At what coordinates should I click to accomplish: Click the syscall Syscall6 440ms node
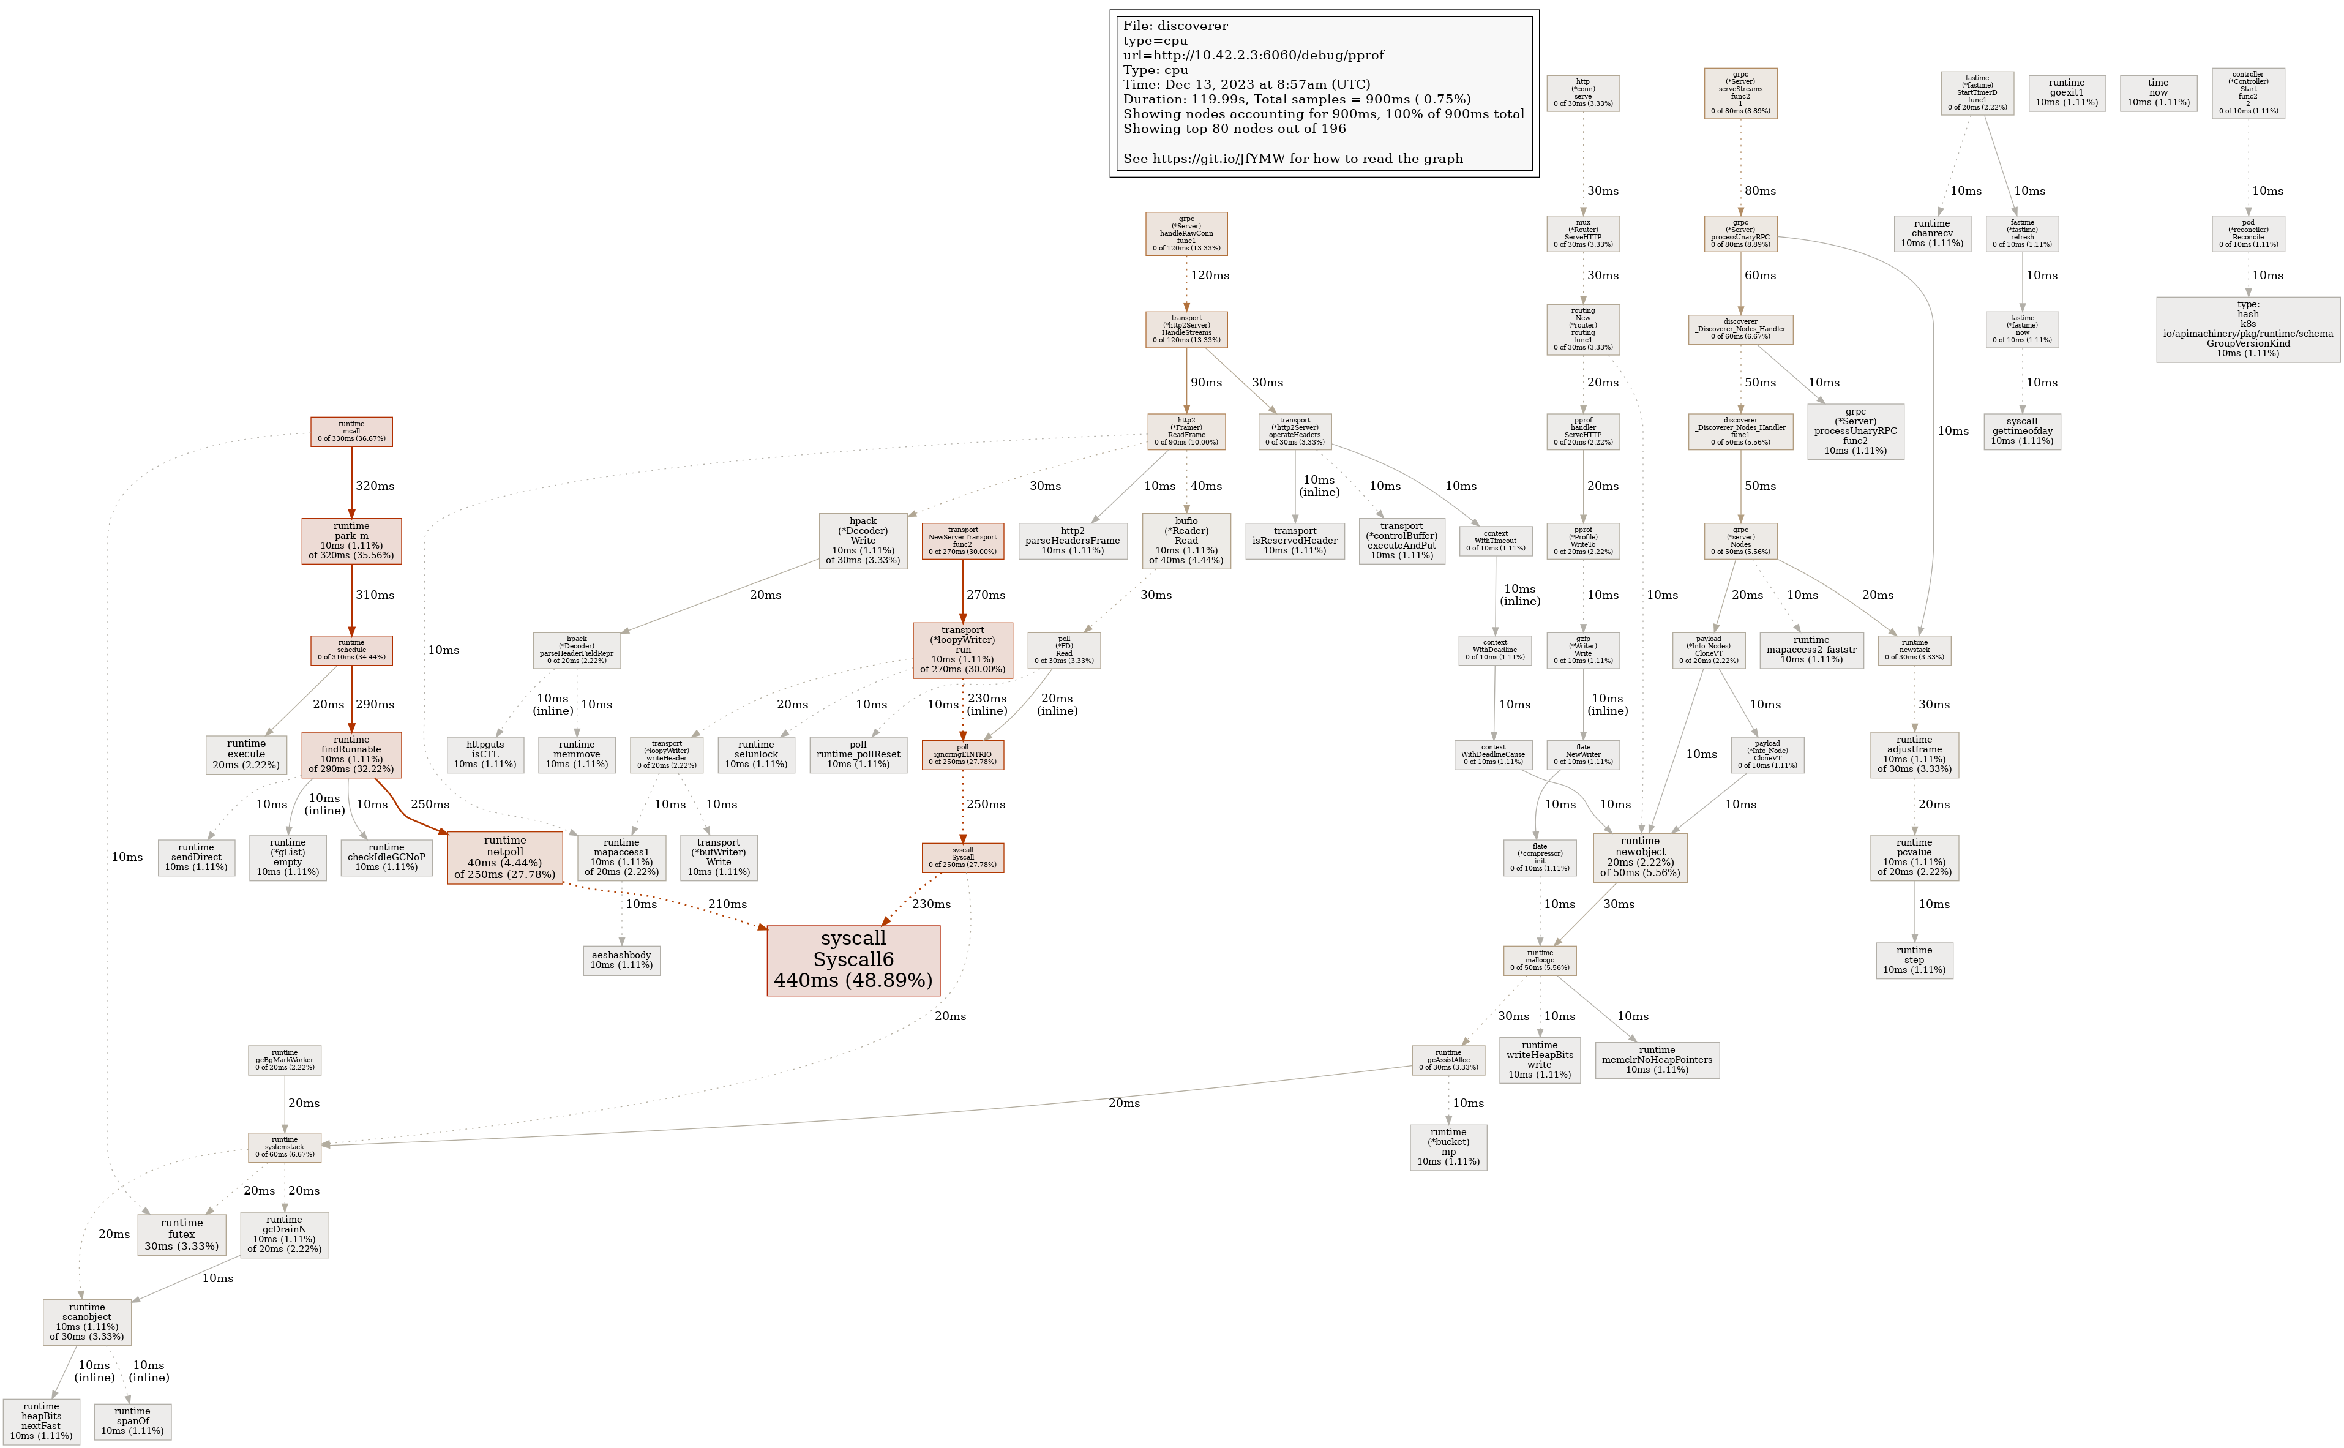click(853, 959)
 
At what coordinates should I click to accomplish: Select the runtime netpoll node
click(504, 857)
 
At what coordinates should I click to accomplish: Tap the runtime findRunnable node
click(351, 755)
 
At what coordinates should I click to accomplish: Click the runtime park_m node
click(351, 541)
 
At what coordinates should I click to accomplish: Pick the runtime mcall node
click(351, 432)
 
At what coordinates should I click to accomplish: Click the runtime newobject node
click(1640, 857)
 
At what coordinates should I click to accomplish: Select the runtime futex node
click(182, 1234)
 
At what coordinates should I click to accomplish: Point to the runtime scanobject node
click(87, 1322)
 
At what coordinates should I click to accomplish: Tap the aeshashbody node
click(621, 959)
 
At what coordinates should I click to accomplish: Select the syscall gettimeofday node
click(2022, 431)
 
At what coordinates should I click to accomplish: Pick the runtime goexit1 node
click(2066, 93)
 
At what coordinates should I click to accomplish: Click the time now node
click(2159, 93)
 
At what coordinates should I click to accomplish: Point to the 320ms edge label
click(375, 486)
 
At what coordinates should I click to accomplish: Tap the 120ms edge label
click(1210, 275)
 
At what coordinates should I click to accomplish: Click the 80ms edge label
click(1760, 190)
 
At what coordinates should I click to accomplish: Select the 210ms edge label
click(728, 904)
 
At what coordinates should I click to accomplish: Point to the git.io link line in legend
click(1293, 159)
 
